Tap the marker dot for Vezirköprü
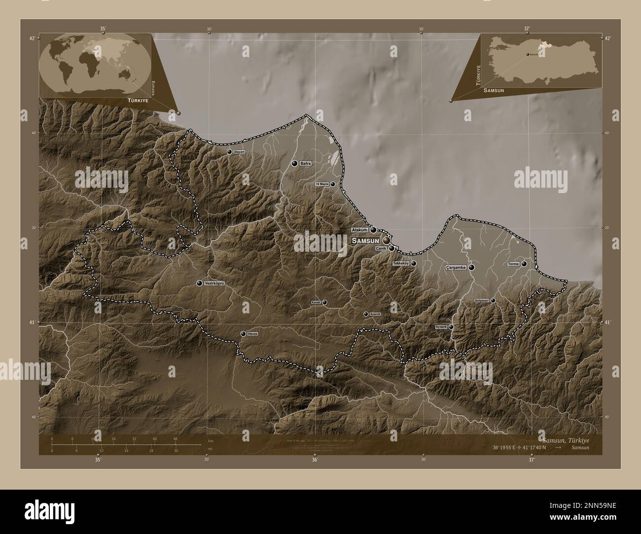tap(199, 283)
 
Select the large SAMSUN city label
tap(365, 240)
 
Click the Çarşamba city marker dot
tap(472, 267)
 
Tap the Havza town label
tap(252, 334)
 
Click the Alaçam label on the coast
tap(239, 152)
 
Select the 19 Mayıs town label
tap(322, 184)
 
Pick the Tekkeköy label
tap(401, 264)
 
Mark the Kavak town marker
tap(324, 302)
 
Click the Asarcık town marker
tap(366, 314)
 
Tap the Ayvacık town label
tap(440, 327)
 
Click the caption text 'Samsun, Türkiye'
tap(565, 439)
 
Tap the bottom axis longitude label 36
tap(315, 460)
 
